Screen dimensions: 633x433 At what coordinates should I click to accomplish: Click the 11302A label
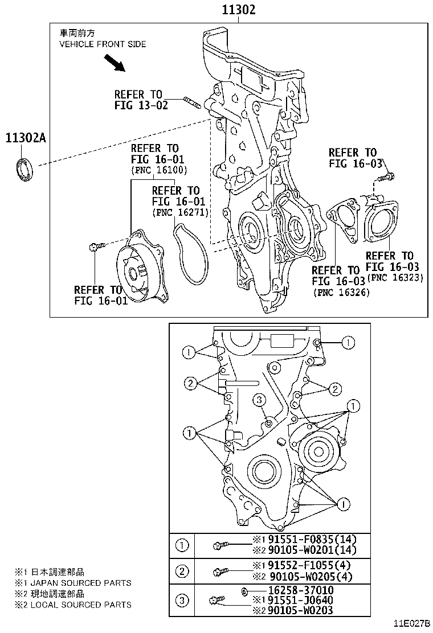point(25,138)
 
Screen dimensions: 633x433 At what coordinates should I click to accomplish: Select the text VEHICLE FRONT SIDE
point(103,44)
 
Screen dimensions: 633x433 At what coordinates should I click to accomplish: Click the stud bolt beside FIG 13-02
point(194,103)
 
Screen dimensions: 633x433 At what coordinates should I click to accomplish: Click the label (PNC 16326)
point(341,292)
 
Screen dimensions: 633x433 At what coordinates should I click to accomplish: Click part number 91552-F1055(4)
point(301,565)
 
